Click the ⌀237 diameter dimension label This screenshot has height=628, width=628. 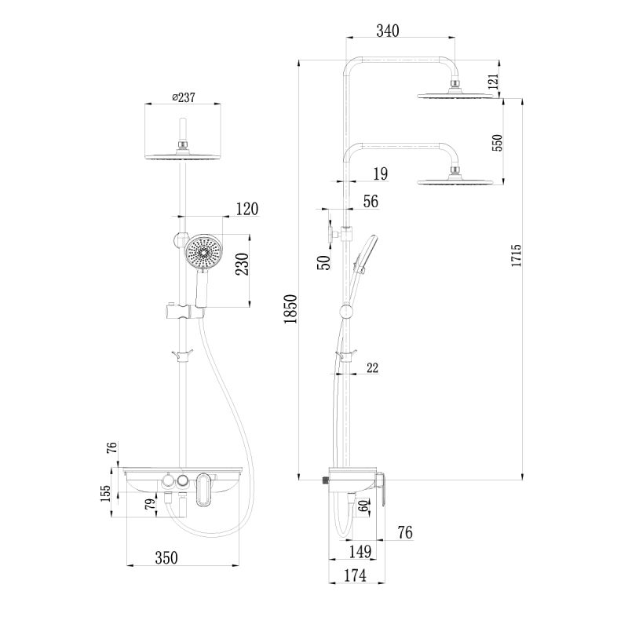pos(183,97)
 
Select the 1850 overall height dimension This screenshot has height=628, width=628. pos(290,310)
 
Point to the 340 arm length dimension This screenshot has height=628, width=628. pos(388,31)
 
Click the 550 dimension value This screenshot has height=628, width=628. pos(496,142)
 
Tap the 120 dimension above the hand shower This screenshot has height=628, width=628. pos(246,209)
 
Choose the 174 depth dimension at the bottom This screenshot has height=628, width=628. pos(355,575)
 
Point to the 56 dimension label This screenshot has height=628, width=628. pos(370,202)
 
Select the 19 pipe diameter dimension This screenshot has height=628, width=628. pos(379,173)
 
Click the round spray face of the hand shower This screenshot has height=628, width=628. pos(203,252)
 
